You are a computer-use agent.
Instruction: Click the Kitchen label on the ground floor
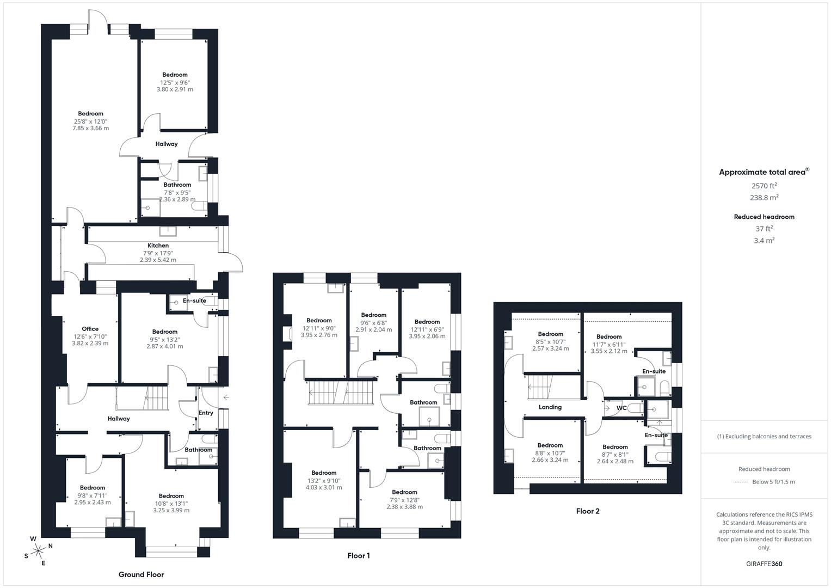[158, 246]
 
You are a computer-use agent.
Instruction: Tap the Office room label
[90, 329]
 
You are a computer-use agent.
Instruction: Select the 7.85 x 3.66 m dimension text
[90, 128]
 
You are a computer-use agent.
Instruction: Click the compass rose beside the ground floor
[38, 551]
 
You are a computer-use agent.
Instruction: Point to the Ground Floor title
[141, 574]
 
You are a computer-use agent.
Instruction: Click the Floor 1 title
[359, 555]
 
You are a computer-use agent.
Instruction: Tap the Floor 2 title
[588, 511]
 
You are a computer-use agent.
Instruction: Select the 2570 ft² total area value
[764, 186]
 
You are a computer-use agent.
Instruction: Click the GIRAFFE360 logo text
[764, 563]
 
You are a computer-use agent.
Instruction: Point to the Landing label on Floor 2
[550, 407]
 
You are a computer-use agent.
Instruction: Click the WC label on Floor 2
[621, 408]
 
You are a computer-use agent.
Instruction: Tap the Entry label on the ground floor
[206, 413]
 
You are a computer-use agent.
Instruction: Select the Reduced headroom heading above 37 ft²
[764, 217]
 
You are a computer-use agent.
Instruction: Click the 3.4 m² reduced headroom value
[764, 241]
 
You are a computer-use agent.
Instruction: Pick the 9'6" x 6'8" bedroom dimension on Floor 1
[373, 323]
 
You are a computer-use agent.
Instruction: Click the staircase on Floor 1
[341, 393]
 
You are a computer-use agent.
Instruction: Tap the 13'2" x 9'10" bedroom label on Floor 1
[324, 481]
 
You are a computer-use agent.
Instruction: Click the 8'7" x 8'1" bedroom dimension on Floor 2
[615, 455]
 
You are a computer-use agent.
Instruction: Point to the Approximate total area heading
[764, 172]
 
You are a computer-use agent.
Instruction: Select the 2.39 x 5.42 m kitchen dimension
[158, 260]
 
